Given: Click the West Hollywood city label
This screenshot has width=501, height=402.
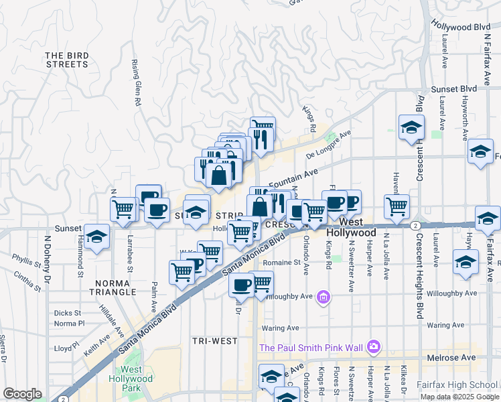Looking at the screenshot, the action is (351, 227).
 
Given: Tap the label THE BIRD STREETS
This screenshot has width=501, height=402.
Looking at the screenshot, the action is (67, 60).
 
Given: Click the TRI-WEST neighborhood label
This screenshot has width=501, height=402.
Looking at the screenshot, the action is (215, 341).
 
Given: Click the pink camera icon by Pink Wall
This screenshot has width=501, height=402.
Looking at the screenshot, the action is (374, 346).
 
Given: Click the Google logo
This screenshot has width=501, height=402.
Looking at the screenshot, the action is (22, 394).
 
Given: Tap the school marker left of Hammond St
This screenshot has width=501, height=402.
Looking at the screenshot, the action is (97, 237).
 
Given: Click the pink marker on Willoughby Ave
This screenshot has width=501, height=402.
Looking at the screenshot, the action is (324, 296).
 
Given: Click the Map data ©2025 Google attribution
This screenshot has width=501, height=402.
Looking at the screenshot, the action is (459, 397).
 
